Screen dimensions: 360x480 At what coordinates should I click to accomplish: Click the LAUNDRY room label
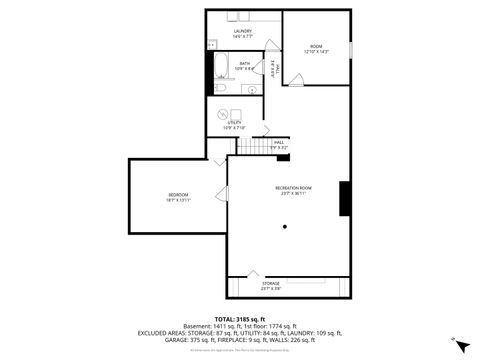tap(242, 32)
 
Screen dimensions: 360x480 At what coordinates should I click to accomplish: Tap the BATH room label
tap(245, 64)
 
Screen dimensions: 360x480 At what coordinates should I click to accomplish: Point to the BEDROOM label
tap(177, 194)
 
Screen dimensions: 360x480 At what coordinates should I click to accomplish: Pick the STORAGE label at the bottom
tap(272, 283)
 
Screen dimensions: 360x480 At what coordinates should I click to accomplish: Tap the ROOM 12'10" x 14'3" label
tap(316, 47)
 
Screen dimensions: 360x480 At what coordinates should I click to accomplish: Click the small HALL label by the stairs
tap(279, 143)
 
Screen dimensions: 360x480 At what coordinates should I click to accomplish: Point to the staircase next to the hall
tap(252, 147)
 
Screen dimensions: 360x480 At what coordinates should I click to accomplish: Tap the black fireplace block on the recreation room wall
tap(344, 197)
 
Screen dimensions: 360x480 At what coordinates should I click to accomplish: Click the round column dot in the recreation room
tap(286, 227)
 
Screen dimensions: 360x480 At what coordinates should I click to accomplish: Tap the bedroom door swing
tap(220, 160)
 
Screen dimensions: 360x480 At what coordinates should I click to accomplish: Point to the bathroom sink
tap(251, 89)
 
